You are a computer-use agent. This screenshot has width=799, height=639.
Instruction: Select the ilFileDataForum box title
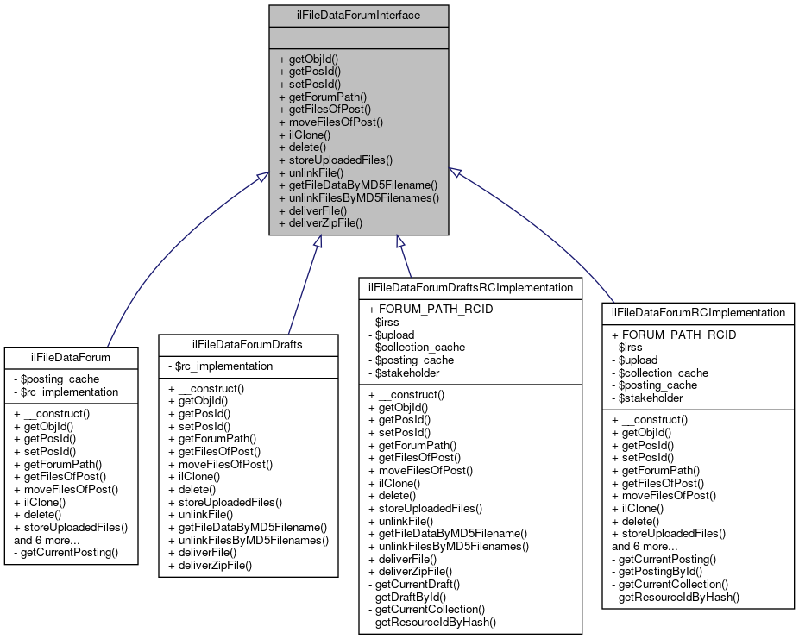pyautogui.click(x=70, y=355)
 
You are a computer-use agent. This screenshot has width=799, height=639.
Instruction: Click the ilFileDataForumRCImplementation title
pyautogui.click(x=697, y=311)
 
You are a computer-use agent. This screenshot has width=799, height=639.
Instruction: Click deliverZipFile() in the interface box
pyautogui.click(x=320, y=222)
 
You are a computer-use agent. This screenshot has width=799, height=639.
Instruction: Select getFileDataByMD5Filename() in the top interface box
pyautogui.click(x=357, y=185)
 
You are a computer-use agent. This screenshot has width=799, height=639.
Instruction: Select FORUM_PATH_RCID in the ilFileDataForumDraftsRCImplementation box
pyautogui.click(x=422, y=309)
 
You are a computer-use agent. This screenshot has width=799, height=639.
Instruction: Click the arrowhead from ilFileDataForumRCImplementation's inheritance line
pyautogui.click(x=453, y=172)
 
